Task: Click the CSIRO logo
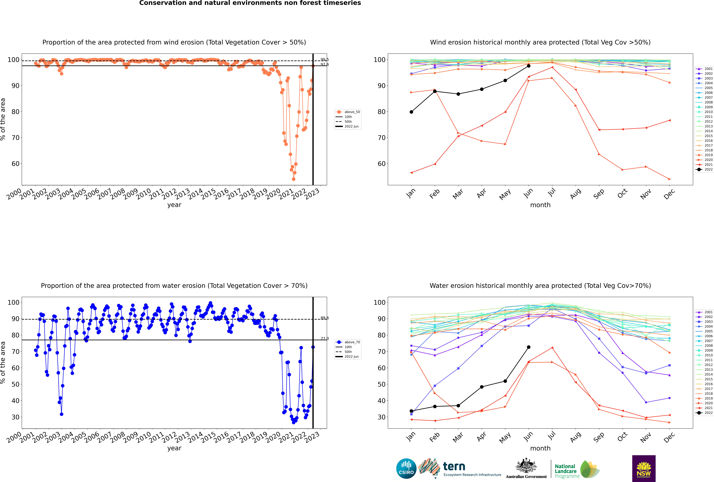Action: (x=406, y=468)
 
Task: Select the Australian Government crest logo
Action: (x=526, y=468)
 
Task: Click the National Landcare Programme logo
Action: (x=577, y=469)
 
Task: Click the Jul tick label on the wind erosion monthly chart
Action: (x=552, y=192)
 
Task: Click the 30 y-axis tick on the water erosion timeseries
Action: (x=15, y=417)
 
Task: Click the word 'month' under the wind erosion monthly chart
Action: (x=540, y=205)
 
